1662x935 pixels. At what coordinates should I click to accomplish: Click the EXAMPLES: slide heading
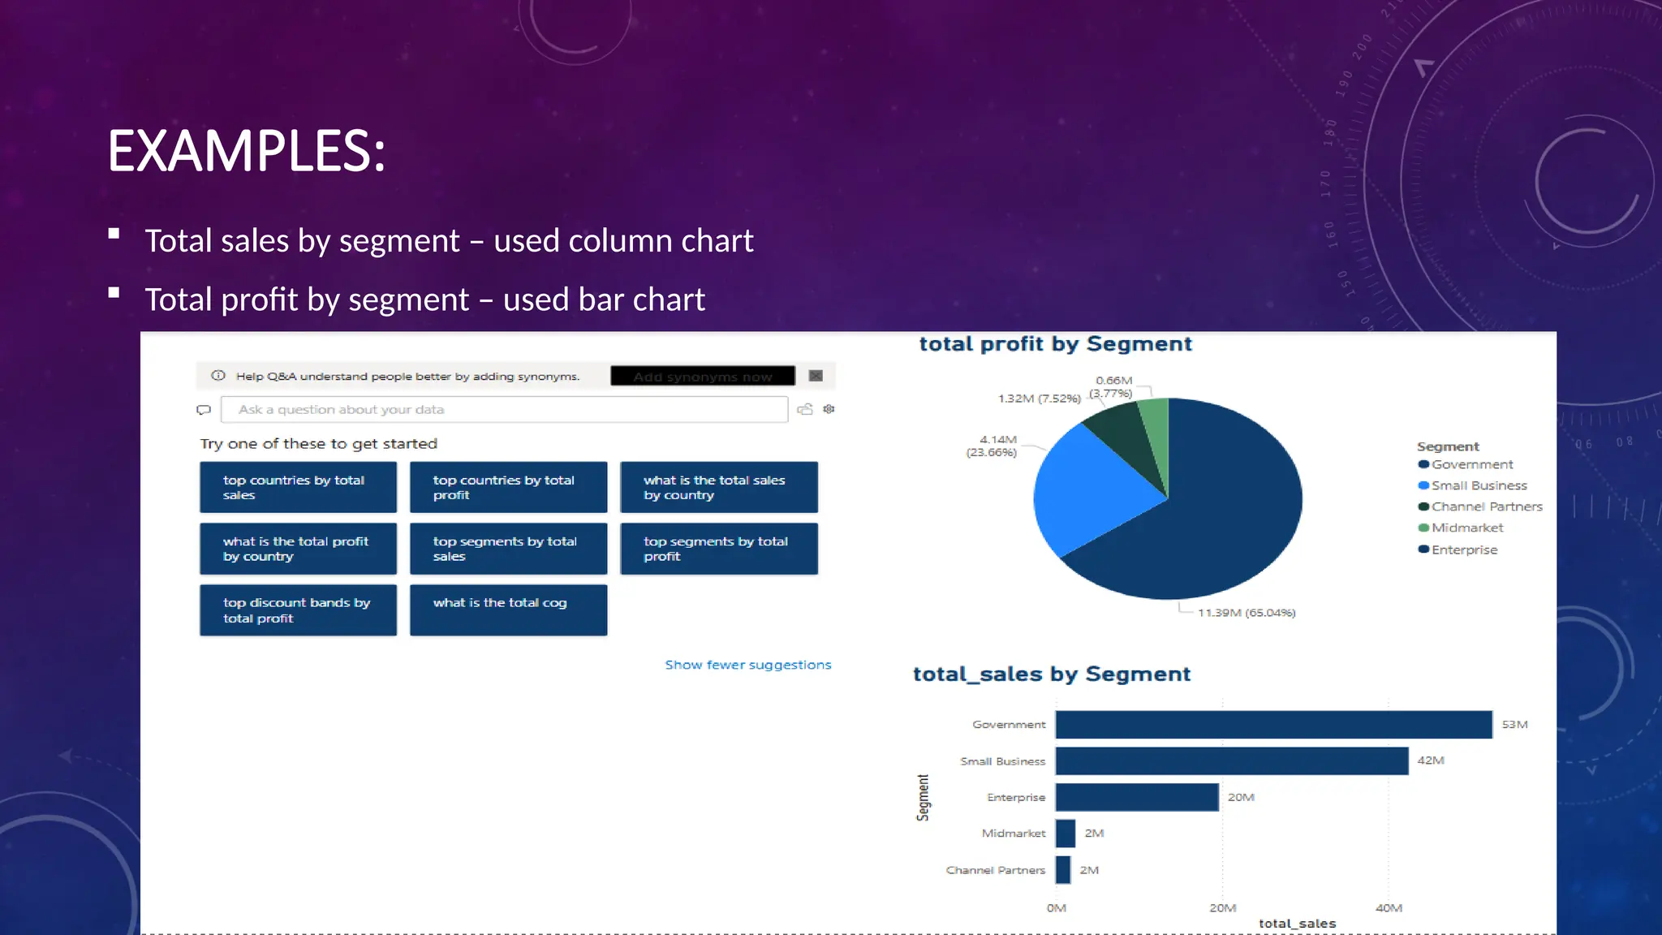[x=247, y=151]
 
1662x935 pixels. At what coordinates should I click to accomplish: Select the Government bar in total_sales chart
[x=1272, y=725]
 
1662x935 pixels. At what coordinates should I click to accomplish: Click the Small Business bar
[x=1231, y=761]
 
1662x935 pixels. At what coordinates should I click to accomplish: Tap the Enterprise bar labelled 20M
[x=1136, y=797]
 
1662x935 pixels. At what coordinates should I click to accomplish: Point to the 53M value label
[x=1513, y=725]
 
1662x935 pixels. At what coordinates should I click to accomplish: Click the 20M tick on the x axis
[x=1222, y=908]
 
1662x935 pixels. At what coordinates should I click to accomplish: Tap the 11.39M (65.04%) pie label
[x=1246, y=613]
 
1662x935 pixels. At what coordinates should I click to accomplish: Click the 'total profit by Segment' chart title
[x=1055, y=344]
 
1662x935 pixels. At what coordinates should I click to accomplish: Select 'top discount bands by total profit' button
[x=298, y=610]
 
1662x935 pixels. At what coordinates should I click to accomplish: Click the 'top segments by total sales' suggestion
[x=508, y=549]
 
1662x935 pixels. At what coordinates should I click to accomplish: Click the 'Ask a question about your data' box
[x=503, y=410]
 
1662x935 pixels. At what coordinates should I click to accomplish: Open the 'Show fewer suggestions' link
[x=747, y=665]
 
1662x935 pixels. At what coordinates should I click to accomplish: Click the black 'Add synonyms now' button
[x=702, y=377]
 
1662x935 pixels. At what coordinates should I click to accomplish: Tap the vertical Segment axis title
[x=923, y=797]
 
